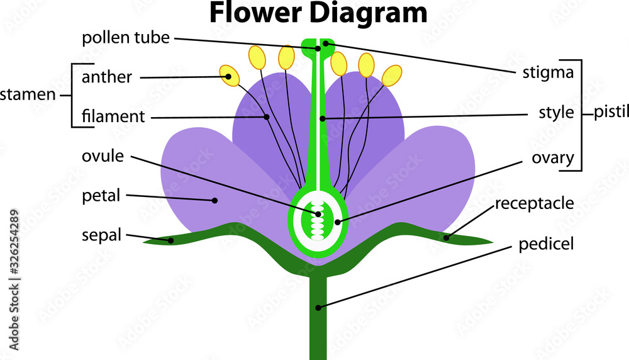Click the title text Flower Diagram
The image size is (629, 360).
(x=318, y=13)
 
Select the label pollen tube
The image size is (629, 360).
(x=126, y=38)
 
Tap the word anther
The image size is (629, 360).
(x=107, y=77)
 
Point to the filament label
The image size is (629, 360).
(x=113, y=116)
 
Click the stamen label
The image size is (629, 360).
(x=28, y=96)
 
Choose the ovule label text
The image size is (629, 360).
(x=103, y=155)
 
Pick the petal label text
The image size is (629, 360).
(x=101, y=196)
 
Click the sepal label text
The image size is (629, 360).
(x=101, y=235)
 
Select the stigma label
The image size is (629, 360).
(x=548, y=72)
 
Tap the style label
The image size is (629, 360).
(x=556, y=113)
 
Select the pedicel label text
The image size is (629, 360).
(x=546, y=244)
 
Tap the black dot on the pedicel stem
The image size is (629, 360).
(x=319, y=308)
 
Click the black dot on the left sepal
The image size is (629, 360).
(x=170, y=240)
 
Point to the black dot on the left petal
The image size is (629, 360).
(x=214, y=201)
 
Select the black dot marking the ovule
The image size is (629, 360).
(x=318, y=214)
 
